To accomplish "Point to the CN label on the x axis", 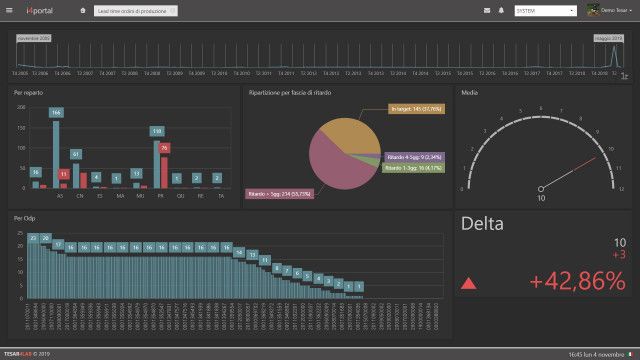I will [78, 196].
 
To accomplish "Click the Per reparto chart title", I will [29, 92].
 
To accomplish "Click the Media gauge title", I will [469, 92].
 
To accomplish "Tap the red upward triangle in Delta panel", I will [468, 285].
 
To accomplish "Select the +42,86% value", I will [577, 283].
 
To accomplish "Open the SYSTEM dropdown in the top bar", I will [545, 10].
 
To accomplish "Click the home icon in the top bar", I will [82, 10].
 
